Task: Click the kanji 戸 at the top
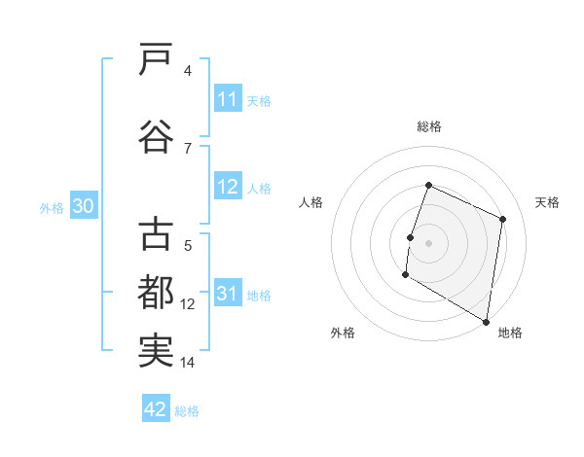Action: [x=156, y=59]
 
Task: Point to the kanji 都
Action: [x=156, y=292]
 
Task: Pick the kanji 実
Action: [x=156, y=349]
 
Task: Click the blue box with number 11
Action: [x=227, y=99]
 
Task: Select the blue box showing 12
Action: [x=227, y=187]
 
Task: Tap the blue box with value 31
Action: [x=227, y=294]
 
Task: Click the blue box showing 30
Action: [x=82, y=206]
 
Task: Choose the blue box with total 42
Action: [x=156, y=409]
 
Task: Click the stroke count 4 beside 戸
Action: [x=187, y=70]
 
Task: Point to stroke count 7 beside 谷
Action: [x=187, y=148]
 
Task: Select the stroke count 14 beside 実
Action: [x=187, y=362]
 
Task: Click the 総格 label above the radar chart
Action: [x=428, y=126]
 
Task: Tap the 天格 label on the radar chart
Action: [x=547, y=202]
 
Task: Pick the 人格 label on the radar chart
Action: [x=310, y=202]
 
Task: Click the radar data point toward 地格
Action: [x=486, y=321]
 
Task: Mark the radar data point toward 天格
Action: [x=503, y=219]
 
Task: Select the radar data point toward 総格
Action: [x=428, y=186]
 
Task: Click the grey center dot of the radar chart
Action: [x=428, y=243]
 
